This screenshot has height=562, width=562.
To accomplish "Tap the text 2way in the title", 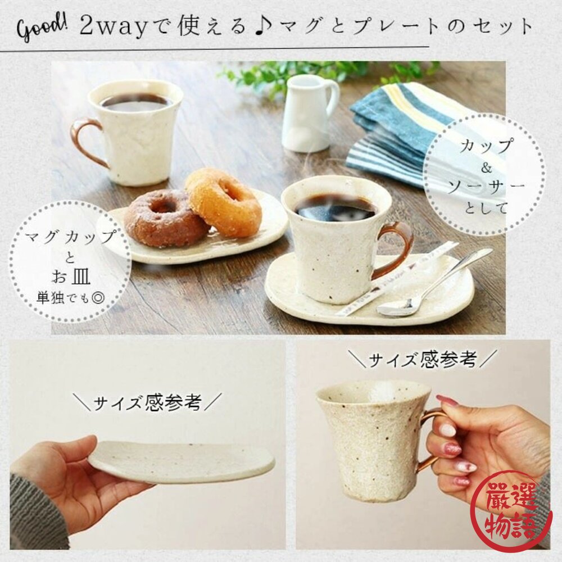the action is point(114,27).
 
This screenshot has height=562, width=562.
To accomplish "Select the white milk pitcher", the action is point(310,113).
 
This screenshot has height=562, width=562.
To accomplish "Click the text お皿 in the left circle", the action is point(71,276).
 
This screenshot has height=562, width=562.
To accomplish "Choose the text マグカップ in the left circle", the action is point(71,237).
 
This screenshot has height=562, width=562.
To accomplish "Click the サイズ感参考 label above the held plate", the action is point(147,402).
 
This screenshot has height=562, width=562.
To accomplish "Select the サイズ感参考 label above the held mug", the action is point(423,359).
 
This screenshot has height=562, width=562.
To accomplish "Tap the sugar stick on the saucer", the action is point(396,279).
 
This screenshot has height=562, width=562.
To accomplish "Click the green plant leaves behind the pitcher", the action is point(323,74).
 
